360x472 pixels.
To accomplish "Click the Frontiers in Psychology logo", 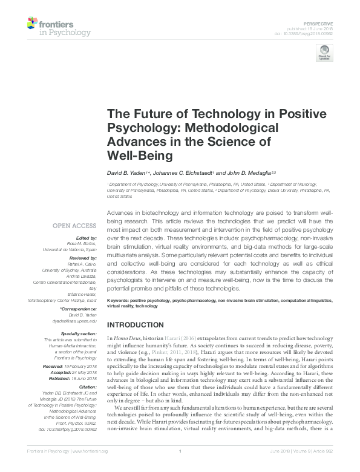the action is click(x=59, y=27).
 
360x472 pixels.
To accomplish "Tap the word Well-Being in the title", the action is click(x=140, y=156).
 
